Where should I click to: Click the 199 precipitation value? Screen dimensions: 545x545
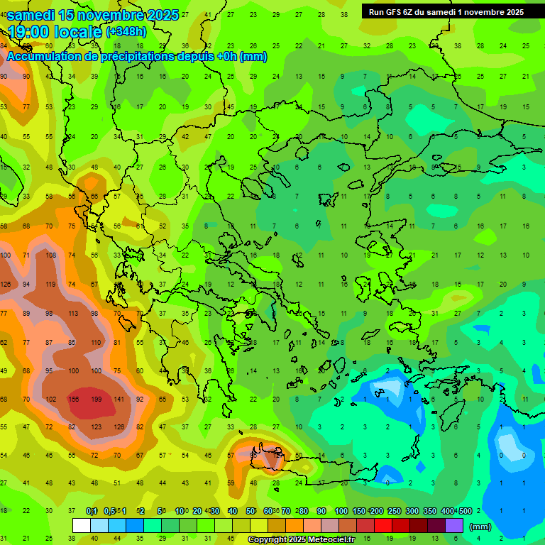coord(97,400)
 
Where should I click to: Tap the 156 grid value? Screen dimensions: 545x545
coord(74,400)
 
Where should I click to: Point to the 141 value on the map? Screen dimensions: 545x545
coord(119,400)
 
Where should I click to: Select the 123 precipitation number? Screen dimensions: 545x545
coord(97,427)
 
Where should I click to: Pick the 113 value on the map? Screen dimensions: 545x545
coord(74,314)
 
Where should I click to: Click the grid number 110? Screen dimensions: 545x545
coord(97,342)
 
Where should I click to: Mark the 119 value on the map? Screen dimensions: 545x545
coord(51,285)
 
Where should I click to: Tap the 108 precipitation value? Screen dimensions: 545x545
coord(51,255)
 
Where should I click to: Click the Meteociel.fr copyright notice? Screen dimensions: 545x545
coord(302,540)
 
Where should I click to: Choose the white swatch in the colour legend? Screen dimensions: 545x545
coord(82,526)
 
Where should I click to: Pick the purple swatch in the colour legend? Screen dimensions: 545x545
coord(454,526)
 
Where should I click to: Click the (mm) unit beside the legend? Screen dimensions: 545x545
coord(480,527)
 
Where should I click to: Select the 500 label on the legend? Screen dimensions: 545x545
coord(465,512)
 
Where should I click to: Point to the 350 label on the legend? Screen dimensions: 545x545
coord(430,512)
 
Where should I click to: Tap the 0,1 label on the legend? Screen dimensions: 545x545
coord(92,512)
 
